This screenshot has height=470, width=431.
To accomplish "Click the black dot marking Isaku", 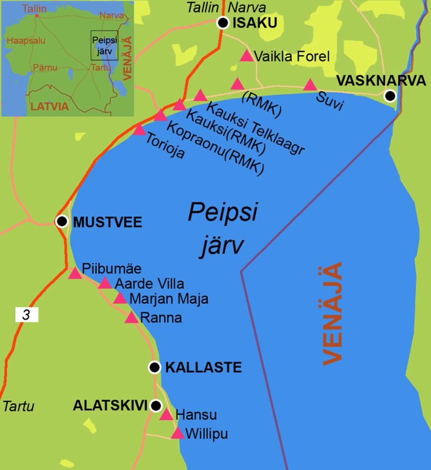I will (x=223, y=22).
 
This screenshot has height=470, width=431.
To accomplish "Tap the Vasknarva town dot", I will (x=389, y=95).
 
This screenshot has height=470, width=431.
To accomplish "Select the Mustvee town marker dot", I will (x=62, y=222).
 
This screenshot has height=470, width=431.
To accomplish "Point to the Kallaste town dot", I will (x=155, y=367).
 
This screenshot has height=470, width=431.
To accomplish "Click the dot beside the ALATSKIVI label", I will (x=156, y=405).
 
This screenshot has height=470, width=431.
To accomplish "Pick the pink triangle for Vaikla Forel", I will (x=247, y=56).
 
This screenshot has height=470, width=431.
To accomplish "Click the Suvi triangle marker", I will (x=310, y=86).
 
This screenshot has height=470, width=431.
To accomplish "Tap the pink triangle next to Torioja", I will (x=139, y=130).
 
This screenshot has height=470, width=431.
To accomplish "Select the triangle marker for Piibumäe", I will (x=74, y=273).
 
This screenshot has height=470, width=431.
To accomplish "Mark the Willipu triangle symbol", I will (x=177, y=433).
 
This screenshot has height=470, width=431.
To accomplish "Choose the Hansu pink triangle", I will (x=167, y=415).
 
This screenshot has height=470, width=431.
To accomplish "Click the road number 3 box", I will (x=26, y=315).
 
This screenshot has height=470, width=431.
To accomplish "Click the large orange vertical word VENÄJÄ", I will (x=333, y=313).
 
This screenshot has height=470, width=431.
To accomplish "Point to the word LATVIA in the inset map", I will (x=49, y=106).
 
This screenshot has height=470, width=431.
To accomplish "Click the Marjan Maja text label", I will (x=169, y=299).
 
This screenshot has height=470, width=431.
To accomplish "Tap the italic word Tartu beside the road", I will (x=19, y=406).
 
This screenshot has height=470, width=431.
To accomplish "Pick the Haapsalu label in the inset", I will (x=25, y=41).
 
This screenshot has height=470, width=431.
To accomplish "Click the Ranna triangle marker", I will (x=131, y=318).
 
